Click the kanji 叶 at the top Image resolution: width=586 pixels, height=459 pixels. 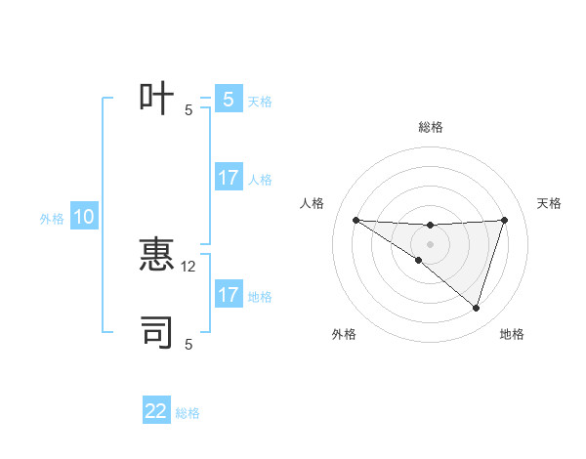point(157,99)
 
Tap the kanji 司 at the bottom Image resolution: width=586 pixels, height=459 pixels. point(157,332)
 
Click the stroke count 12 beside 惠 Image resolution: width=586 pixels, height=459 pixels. point(189,266)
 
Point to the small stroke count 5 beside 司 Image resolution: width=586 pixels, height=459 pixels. point(188,344)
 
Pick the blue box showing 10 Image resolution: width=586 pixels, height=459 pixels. point(84,218)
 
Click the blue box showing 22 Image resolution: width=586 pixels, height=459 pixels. point(156,411)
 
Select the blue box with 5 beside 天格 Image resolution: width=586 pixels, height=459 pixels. point(228,100)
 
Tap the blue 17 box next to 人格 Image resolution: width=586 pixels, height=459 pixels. point(229,179)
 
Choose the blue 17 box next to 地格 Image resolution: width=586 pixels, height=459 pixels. point(229,295)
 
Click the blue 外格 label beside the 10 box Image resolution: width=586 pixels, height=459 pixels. point(52,219)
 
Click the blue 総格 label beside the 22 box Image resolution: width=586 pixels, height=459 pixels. point(188,413)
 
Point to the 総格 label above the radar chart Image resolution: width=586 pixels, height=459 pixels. point(431,127)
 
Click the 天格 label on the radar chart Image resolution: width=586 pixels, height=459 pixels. point(550,203)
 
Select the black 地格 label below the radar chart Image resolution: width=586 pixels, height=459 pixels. point(512,334)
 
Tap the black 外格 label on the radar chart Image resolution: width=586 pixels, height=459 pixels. point(344,334)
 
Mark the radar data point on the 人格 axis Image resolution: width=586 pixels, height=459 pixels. point(356,220)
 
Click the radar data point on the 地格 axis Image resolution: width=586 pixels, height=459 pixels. point(476,308)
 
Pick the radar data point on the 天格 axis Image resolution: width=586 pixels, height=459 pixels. point(505,220)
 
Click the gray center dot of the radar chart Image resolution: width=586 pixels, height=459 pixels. point(430,244)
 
